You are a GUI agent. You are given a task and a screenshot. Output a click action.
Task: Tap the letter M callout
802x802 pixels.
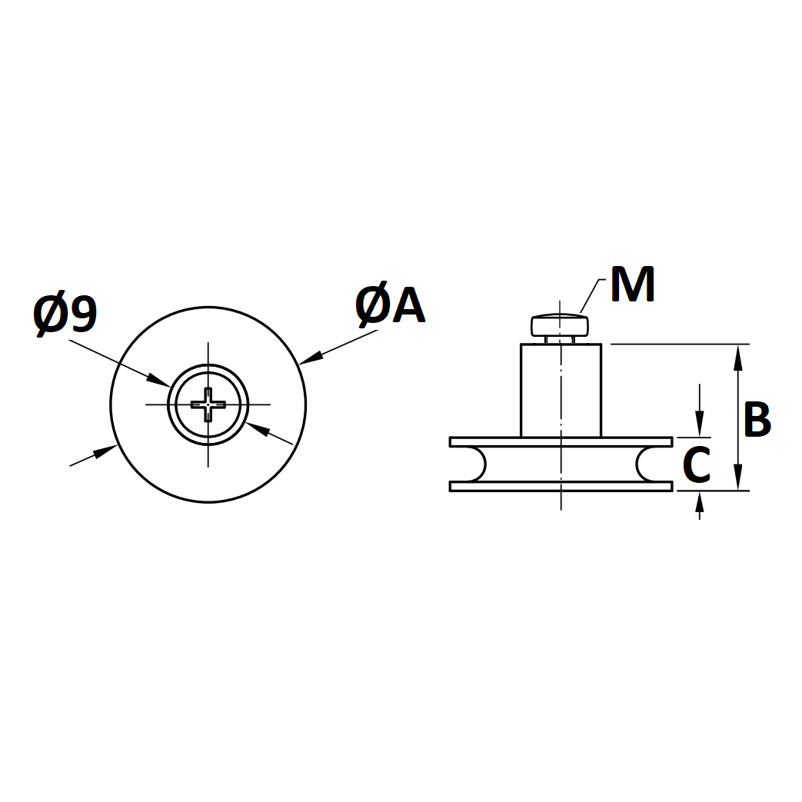(x=633, y=284)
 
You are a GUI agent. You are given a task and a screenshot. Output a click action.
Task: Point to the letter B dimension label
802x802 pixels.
(x=757, y=419)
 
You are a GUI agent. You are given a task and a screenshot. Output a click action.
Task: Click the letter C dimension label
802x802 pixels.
(x=697, y=464)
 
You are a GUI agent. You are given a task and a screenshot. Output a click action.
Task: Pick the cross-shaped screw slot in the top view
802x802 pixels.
(x=208, y=404)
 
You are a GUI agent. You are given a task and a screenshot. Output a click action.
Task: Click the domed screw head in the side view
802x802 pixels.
(x=560, y=325)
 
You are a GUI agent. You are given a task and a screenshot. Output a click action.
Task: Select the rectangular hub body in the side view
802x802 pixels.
(x=561, y=391)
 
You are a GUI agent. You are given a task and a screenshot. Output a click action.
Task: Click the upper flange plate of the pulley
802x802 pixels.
(x=561, y=442)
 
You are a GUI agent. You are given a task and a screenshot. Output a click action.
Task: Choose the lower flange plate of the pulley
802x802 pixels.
(x=561, y=486)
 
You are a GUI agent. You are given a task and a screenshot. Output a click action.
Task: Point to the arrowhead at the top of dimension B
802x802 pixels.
(x=737, y=357)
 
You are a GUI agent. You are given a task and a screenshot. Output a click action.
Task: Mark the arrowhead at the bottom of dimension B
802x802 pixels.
(x=737, y=478)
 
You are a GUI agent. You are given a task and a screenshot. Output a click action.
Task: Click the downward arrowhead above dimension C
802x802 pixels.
(x=700, y=424)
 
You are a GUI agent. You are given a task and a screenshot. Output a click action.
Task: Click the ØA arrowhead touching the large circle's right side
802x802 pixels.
(x=311, y=358)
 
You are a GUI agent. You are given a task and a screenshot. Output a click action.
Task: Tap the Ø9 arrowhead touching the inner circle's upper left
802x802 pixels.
(x=158, y=380)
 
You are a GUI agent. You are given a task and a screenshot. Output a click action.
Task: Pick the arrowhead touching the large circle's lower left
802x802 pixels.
(x=105, y=452)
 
